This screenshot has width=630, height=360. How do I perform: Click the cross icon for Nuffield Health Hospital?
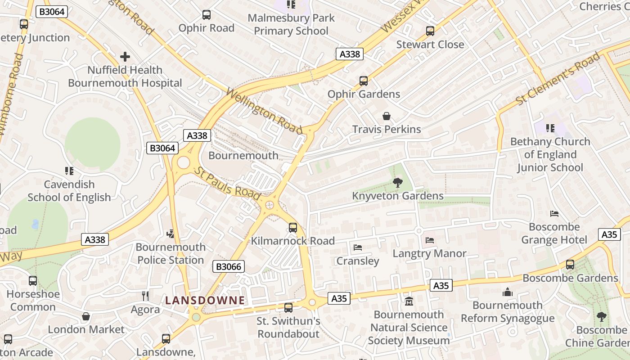click(125, 57)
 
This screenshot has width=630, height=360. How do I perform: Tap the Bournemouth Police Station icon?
click(171, 234)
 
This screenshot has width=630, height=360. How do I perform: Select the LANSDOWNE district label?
click(205, 300)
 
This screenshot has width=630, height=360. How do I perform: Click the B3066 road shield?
click(229, 266)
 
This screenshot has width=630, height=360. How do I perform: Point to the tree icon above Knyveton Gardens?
click(397, 182)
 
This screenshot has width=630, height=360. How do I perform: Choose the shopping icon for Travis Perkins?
click(387, 116)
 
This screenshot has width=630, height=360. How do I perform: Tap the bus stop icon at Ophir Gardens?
click(364, 81)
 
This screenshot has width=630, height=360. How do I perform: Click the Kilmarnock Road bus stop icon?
click(293, 227)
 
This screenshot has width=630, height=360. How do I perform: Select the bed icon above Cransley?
click(358, 247)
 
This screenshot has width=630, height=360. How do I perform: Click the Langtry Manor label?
click(429, 253)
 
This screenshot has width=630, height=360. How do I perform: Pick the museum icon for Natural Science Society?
click(409, 301)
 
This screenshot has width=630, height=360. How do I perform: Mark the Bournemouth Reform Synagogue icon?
click(508, 292)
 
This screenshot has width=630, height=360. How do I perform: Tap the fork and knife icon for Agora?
click(145, 296)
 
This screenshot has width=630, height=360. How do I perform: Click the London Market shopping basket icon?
click(86, 316)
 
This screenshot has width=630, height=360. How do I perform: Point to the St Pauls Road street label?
click(227, 184)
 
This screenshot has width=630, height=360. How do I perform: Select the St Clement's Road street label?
click(558, 79)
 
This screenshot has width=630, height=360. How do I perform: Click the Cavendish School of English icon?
click(69, 171)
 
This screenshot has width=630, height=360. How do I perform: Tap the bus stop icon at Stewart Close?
click(430, 31)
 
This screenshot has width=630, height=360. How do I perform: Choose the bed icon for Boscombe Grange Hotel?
click(554, 213)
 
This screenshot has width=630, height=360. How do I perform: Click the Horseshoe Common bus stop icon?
click(33, 281)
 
